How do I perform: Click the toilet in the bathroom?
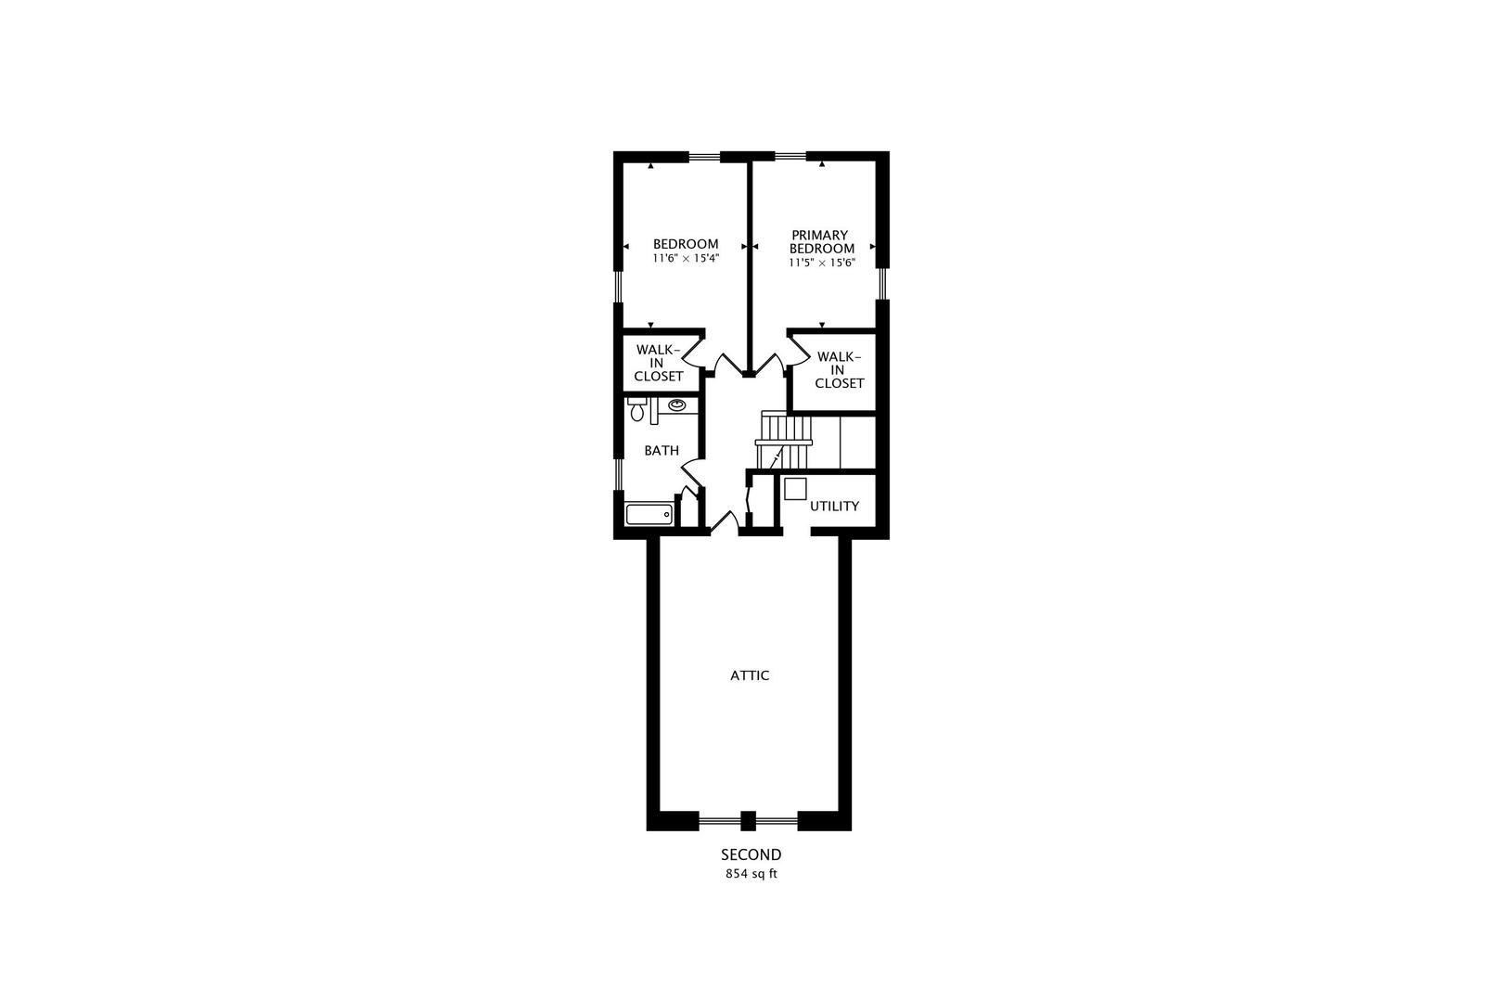click(x=636, y=408)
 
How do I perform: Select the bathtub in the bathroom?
click(x=649, y=515)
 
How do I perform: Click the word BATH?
click(x=662, y=450)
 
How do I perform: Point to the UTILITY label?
click(x=834, y=506)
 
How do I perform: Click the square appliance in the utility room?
click(x=795, y=489)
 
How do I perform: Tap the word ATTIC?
click(x=750, y=675)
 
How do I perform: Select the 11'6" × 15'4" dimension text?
click(x=686, y=258)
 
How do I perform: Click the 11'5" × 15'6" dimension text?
click(x=822, y=263)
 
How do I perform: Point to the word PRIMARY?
click(x=820, y=235)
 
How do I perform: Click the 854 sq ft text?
click(x=751, y=874)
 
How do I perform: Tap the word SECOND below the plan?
click(x=751, y=855)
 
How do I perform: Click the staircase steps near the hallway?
click(x=784, y=441)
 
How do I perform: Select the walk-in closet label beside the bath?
click(x=658, y=363)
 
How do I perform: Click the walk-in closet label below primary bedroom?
click(x=839, y=370)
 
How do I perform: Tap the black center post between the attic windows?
click(x=748, y=820)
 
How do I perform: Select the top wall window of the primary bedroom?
click(x=790, y=157)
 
